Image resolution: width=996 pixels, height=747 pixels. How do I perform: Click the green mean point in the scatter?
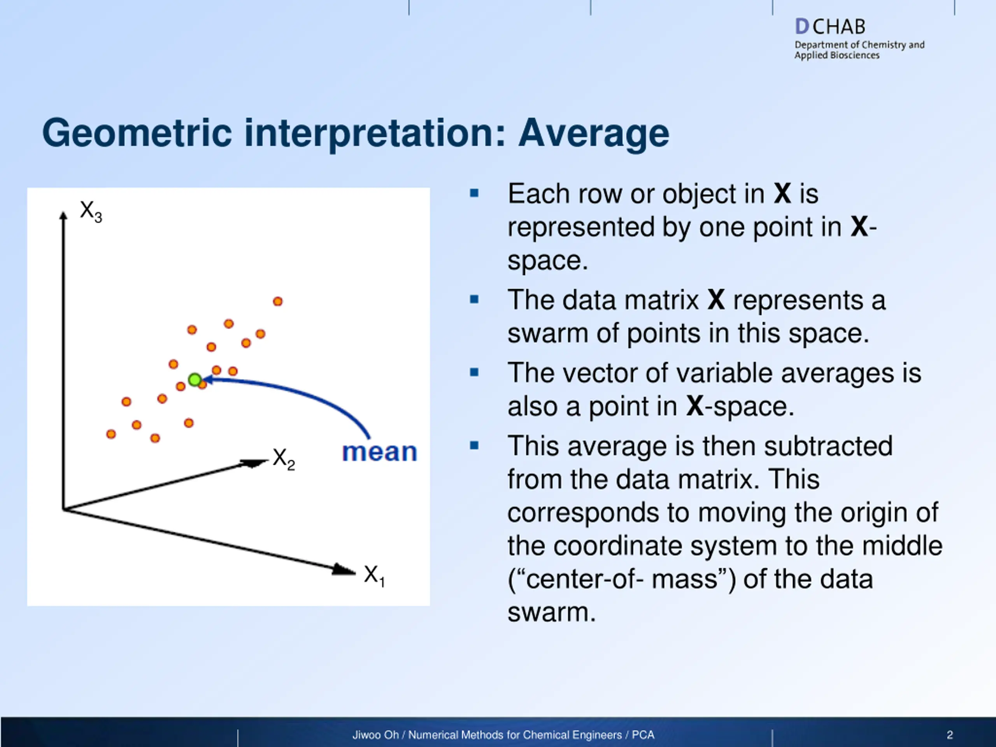pyautogui.click(x=195, y=380)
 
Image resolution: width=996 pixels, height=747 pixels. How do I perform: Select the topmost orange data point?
pyautogui.click(x=278, y=301)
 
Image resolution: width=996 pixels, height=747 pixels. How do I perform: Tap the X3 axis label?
pyautogui.click(x=91, y=212)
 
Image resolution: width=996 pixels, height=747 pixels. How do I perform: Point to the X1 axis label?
pyautogui.click(x=375, y=576)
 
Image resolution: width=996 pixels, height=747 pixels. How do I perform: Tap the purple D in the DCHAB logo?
pyautogui.click(x=802, y=26)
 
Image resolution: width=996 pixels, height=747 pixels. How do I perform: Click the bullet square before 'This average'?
pyautogui.click(x=474, y=446)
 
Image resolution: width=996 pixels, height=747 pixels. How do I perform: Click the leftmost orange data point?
pyautogui.click(x=111, y=434)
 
